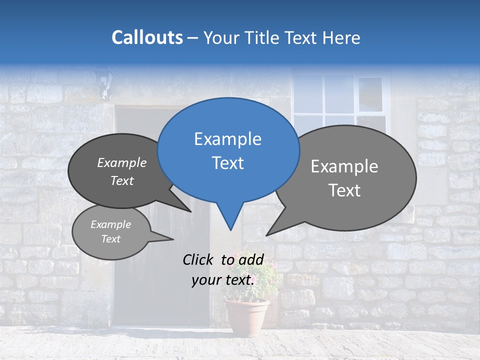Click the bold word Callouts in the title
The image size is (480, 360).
coord(147,37)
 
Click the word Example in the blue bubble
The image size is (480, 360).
coord(227,139)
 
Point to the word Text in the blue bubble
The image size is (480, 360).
coord(227,163)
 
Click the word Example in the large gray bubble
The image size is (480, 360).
coord(344,166)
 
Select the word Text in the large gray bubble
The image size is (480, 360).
coord(344,190)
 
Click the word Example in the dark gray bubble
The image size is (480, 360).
coord(121,162)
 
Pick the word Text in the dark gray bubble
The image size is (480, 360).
coord(121,180)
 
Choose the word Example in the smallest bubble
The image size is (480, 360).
coord(110,224)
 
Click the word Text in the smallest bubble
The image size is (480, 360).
coord(110,239)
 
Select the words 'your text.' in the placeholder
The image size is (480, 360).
coord(223,280)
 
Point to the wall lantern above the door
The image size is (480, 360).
coord(104,83)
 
